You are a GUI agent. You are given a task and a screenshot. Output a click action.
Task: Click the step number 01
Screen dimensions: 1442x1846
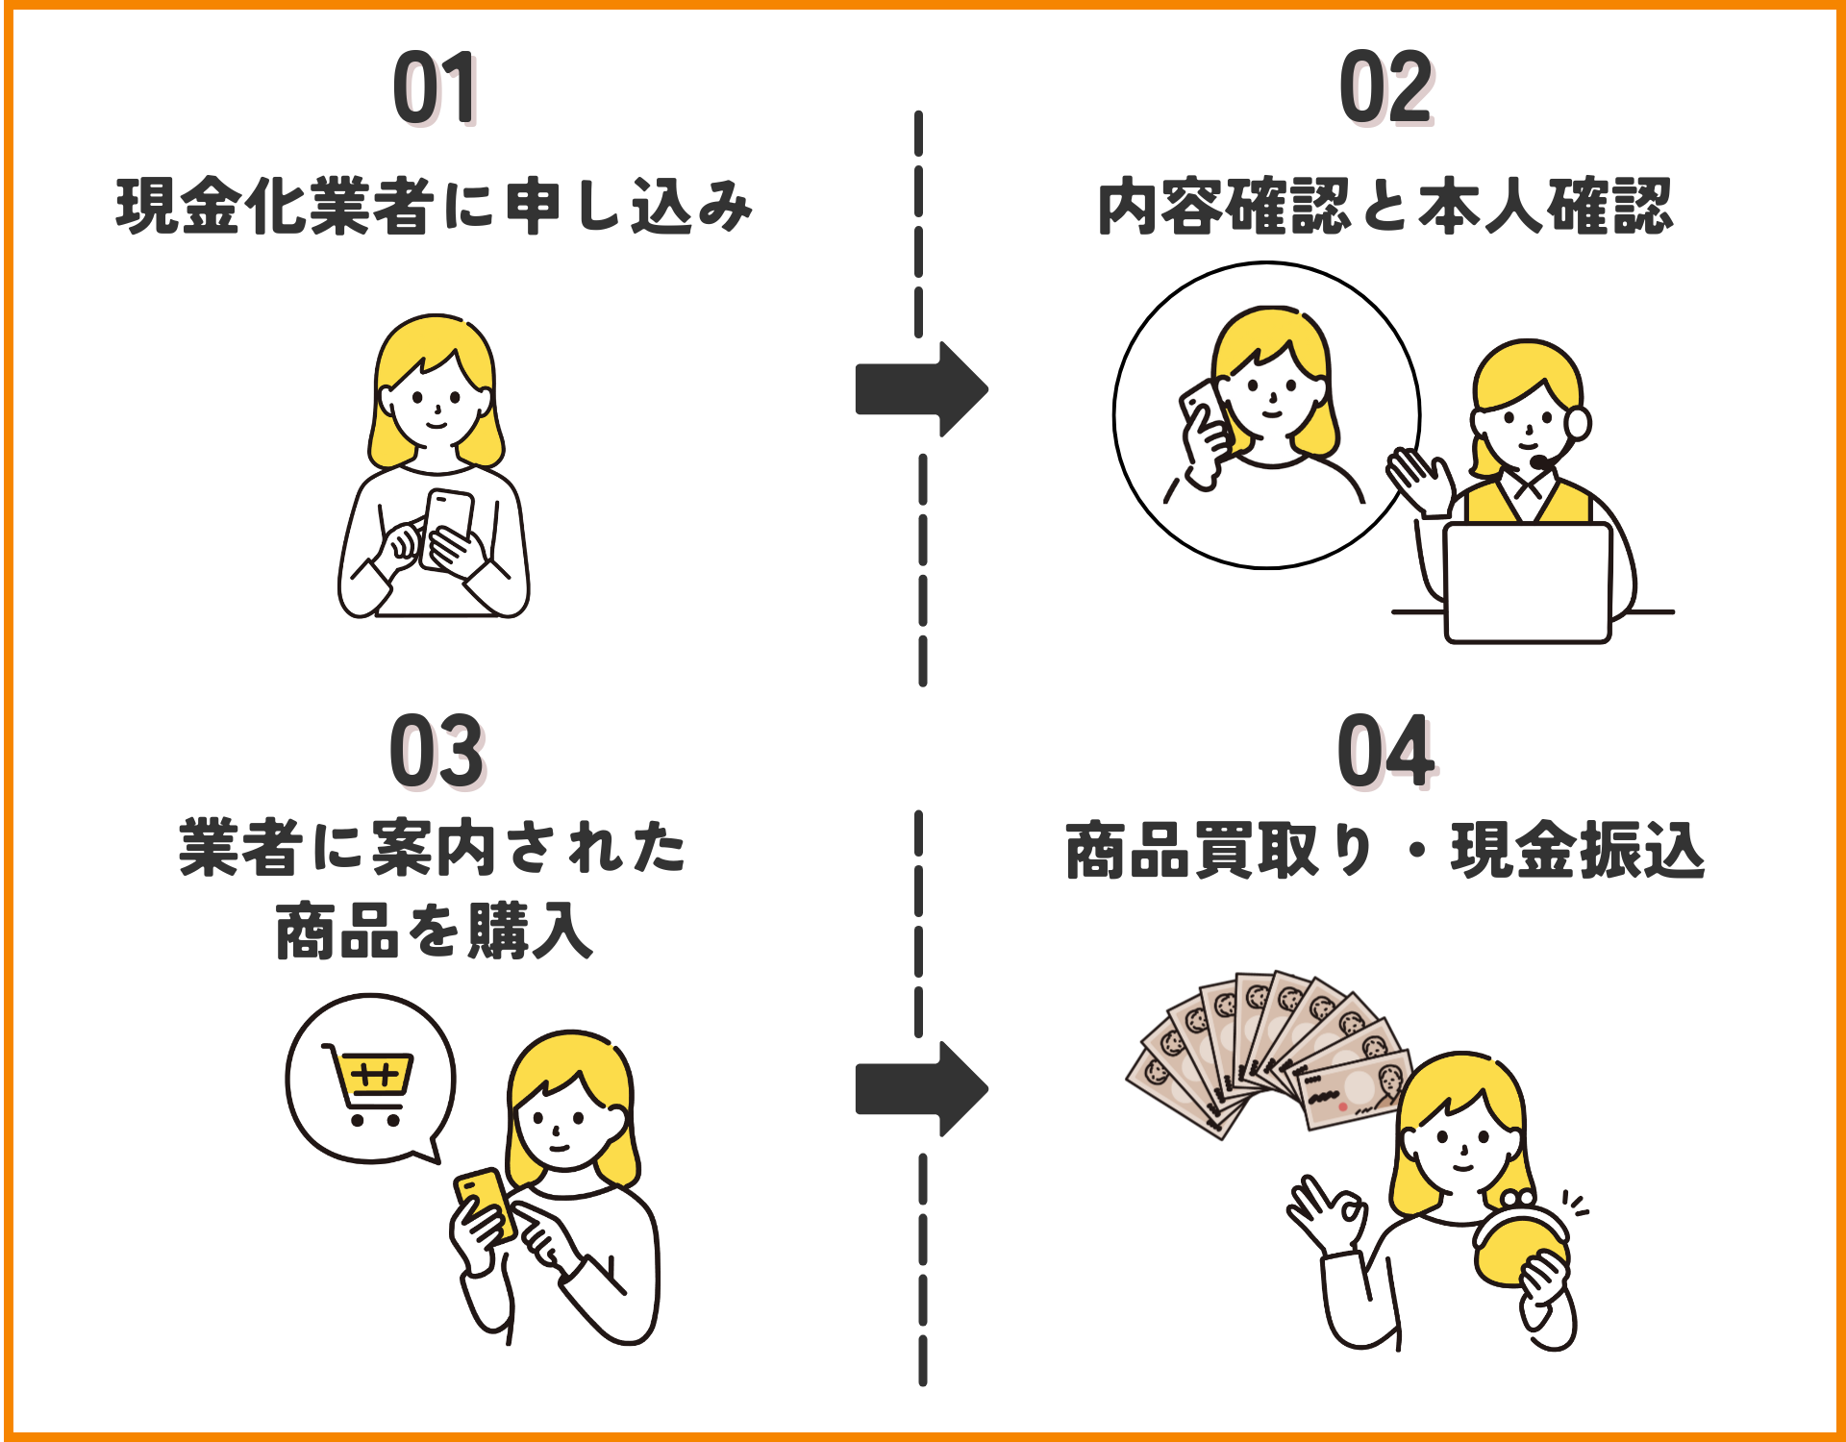click(435, 88)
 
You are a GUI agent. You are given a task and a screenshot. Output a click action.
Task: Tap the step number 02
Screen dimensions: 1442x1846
click(1385, 88)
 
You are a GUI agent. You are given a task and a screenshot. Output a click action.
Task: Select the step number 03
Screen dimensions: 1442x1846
click(437, 752)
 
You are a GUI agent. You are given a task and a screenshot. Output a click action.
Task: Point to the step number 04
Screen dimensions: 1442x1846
click(1385, 752)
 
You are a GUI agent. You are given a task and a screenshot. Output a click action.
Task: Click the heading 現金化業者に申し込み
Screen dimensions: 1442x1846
click(435, 206)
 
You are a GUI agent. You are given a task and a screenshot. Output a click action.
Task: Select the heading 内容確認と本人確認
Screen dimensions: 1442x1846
click(1385, 206)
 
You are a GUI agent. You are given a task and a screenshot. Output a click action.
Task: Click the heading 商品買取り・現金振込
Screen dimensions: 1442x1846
click(1385, 850)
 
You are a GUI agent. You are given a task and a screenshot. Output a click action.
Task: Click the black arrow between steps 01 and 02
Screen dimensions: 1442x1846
click(921, 389)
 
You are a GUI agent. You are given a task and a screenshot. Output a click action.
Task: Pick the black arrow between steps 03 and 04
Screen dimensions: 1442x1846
click(921, 1088)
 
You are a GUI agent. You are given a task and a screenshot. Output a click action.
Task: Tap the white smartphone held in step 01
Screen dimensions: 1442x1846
click(447, 527)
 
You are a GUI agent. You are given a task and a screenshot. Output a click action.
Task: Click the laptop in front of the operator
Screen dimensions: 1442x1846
click(1527, 583)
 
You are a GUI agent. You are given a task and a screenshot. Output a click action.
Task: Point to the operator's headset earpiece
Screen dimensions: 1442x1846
click(1578, 423)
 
